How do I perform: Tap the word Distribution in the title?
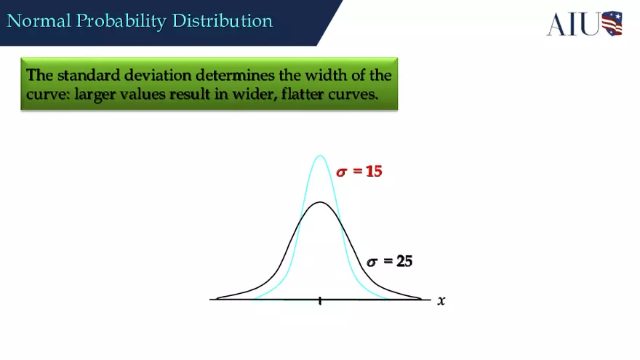(x=223, y=20)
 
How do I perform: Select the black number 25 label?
(x=404, y=261)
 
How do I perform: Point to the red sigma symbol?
(x=342, y=173)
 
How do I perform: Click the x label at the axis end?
(x=441, y=300)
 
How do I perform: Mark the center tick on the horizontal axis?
(x=320, y=300)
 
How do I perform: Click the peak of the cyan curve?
(x=320, y=156)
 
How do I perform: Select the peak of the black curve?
(x=320, y=202)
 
